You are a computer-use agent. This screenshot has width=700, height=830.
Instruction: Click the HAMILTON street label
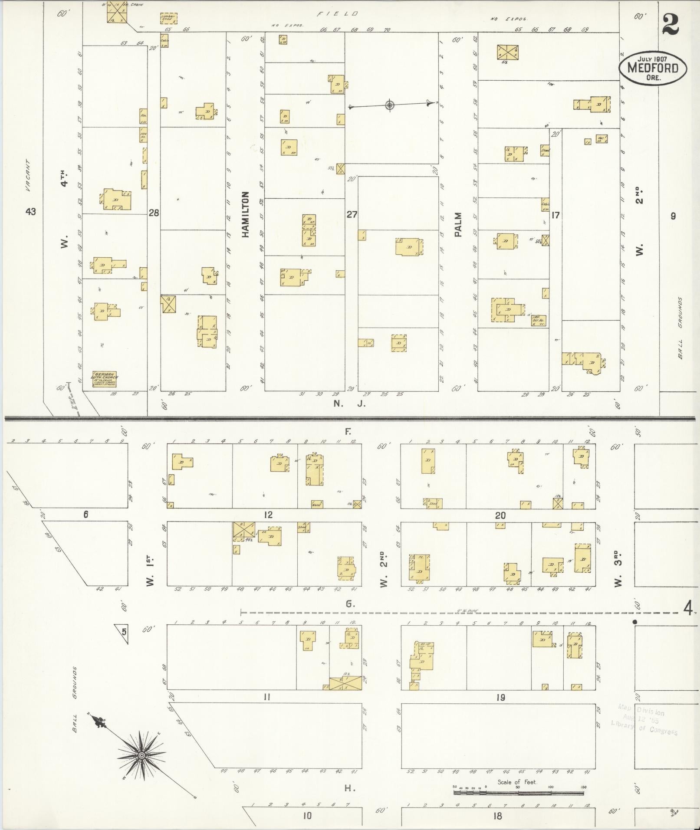coord(246,214)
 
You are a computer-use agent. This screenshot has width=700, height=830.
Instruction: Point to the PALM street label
coord(458,224)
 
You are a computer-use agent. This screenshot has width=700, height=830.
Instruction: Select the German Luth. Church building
coord(105,379)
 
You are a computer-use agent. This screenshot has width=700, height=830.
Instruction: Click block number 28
coord(154,213)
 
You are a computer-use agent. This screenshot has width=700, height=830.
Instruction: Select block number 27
coord(352,214)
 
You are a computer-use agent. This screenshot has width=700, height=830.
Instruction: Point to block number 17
coord(555,215)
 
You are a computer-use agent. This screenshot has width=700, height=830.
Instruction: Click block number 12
coord(268,515)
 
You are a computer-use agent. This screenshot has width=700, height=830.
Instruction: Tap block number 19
coord(500,698)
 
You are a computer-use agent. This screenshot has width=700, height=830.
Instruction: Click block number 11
coord(267,697)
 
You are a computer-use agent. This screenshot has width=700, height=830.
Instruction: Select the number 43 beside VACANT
coord(30,212)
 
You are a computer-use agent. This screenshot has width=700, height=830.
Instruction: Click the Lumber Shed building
coord(168,19)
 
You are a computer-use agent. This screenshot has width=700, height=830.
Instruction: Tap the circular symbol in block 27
coord(390,105)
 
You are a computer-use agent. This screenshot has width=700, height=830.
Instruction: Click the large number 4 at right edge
coord(687,609)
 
